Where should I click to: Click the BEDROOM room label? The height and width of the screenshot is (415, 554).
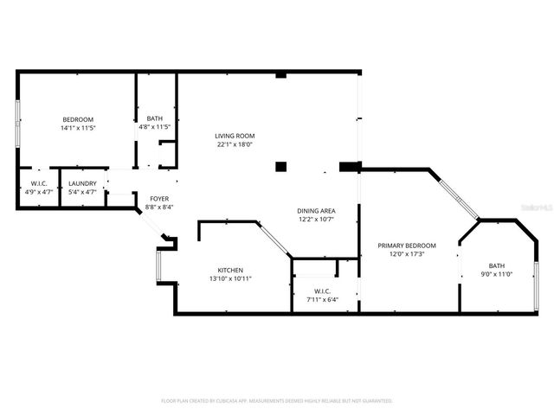(77, 119)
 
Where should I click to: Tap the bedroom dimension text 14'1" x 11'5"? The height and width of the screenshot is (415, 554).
(77, 128)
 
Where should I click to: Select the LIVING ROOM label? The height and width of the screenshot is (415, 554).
(234, 136)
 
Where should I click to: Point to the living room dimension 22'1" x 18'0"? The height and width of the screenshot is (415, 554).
(234, 144)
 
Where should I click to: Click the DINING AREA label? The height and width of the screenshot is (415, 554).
(316, 210)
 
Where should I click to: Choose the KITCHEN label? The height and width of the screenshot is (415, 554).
(230, 270)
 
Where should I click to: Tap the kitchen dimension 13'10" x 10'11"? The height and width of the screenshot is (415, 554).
(230, 278)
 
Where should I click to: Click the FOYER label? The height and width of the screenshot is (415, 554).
(159, 198)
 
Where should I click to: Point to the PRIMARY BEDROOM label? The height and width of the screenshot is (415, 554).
(406, 246)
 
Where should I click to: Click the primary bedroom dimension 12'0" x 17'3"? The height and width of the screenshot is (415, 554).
(406, 254)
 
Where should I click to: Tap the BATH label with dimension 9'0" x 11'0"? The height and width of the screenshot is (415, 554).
(496, 265)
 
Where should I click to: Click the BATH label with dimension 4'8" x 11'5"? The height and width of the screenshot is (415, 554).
(156, 118)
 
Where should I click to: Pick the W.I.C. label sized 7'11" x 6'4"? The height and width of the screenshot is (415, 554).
(322, 290)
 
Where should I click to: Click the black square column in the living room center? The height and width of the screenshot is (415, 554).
(280, 166)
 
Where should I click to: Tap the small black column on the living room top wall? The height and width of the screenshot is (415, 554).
(280, 76)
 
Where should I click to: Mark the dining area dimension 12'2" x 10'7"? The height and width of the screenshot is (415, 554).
(316, 219)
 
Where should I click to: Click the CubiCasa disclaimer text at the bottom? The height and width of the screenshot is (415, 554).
(277, 400)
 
